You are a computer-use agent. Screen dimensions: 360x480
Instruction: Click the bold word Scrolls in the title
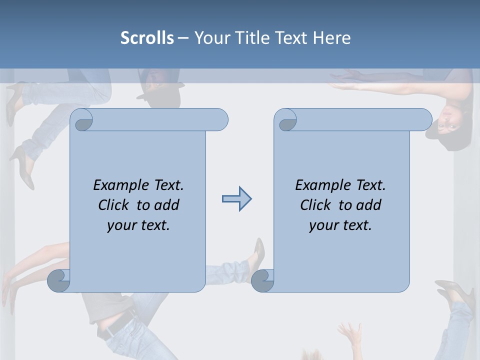[147, 37]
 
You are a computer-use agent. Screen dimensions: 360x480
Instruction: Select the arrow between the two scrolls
[236, 199]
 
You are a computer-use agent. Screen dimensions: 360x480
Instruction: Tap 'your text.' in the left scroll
[138, 225]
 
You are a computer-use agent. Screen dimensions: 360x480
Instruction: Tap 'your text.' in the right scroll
[340, 225]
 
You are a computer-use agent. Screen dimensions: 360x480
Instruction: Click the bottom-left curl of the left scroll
[59, 280]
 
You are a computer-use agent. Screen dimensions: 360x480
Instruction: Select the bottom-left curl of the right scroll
[263, 280]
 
